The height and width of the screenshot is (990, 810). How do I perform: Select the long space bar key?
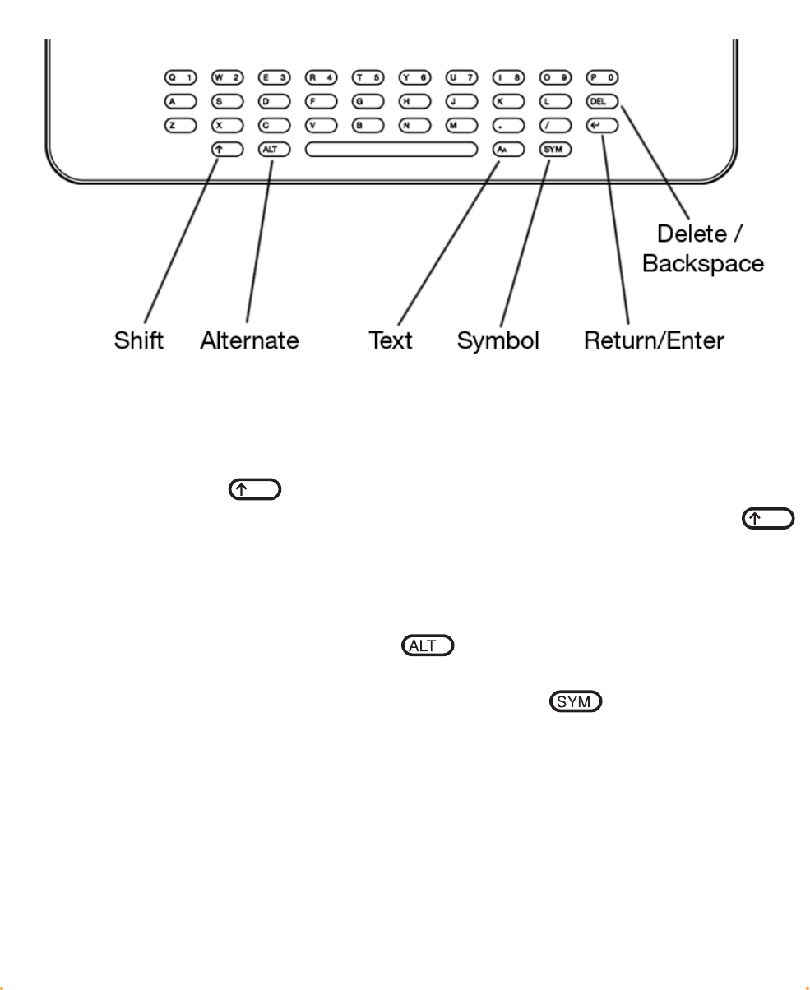(x=391, y=150)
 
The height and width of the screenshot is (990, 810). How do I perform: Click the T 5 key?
(x=368, y=77)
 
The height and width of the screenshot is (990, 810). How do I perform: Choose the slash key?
(x=555, y=126)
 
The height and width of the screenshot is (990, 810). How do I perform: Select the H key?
(x=414, y=102)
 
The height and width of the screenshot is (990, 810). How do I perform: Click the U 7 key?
(x=461, y=77)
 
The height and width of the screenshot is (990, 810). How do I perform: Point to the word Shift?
(x=139, y=340)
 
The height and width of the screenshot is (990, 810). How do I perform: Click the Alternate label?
(x=250, y=340)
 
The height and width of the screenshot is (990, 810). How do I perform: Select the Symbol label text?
(x=498, y=340)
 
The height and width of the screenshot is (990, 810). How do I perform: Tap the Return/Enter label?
(x=655, y=340)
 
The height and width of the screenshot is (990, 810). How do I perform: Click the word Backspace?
(x=703, y=264)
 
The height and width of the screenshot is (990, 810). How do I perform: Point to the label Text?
(x=391, y=340)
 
